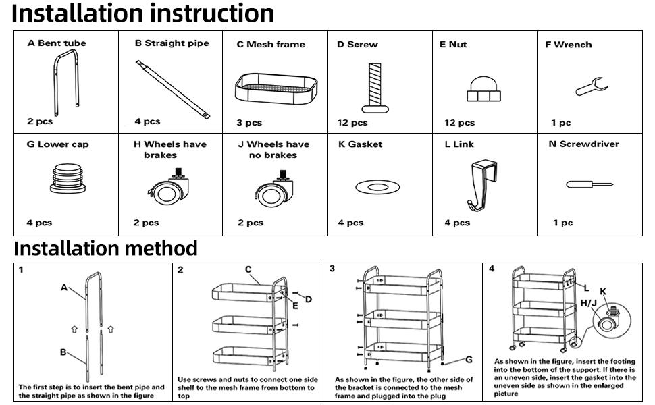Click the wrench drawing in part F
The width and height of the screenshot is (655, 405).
592,86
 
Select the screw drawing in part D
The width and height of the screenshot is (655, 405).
375,88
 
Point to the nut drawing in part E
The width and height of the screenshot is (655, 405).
481,87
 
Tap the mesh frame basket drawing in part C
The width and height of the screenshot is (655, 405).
276,88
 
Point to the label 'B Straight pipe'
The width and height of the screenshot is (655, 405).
172,43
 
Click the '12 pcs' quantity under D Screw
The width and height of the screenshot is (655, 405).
352,123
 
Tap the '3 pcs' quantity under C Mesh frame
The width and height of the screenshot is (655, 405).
249,123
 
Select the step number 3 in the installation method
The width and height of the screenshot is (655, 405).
332,268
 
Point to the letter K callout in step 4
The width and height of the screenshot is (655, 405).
603,291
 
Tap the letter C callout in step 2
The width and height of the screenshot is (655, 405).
248,269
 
